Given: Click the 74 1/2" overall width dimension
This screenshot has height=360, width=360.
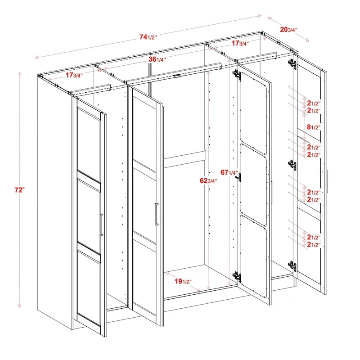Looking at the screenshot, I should tap(148, 37).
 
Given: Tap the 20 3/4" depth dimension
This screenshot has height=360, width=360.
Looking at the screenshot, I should tap(288, 30).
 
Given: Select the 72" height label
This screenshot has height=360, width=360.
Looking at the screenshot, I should tap(19, 190).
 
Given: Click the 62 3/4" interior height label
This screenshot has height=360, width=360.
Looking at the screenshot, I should tap(208, 181).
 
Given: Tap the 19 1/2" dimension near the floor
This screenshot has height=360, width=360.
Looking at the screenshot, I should tap(183, 282).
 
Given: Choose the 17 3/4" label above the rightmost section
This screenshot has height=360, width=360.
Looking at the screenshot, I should tap(240, 44).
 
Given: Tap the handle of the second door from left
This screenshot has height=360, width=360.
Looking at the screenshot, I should tap(157, 214).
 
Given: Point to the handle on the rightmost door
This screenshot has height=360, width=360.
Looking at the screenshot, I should tap(328, 180).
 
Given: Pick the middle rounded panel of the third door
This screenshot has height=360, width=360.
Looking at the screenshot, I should tap(253, 179).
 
